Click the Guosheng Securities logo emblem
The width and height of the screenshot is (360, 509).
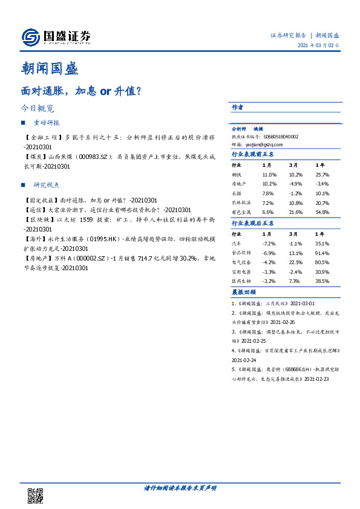28,37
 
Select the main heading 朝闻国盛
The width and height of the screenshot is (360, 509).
49,68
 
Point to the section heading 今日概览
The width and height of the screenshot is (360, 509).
38,109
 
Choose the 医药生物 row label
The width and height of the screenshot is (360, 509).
242,282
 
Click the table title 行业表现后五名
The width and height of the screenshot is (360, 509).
253,223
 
